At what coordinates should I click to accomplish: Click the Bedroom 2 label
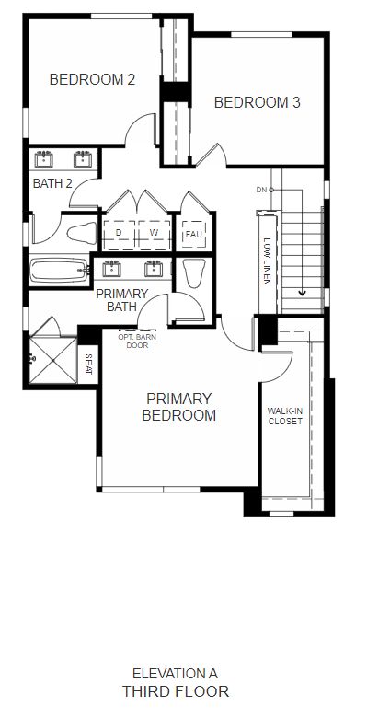92,80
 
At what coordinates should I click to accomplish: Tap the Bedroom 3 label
258,102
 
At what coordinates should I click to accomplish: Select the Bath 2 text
52,183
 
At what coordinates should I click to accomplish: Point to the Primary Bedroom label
179,407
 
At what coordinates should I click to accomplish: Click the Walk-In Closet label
285,416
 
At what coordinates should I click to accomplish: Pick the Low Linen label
268,261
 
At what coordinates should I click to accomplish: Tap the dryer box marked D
119,235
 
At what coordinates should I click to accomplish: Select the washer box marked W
155,235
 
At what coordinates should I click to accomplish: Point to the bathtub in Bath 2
59,271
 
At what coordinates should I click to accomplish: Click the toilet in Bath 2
82,233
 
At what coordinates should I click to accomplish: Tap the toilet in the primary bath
193,273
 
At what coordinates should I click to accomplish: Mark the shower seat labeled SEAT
88,364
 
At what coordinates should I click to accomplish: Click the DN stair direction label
261,189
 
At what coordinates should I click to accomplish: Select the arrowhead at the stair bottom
303,292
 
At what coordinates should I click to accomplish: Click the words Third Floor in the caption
176,691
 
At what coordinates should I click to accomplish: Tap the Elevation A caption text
176,674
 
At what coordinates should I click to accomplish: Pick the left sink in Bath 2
44,159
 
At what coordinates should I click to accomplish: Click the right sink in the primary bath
154,269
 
